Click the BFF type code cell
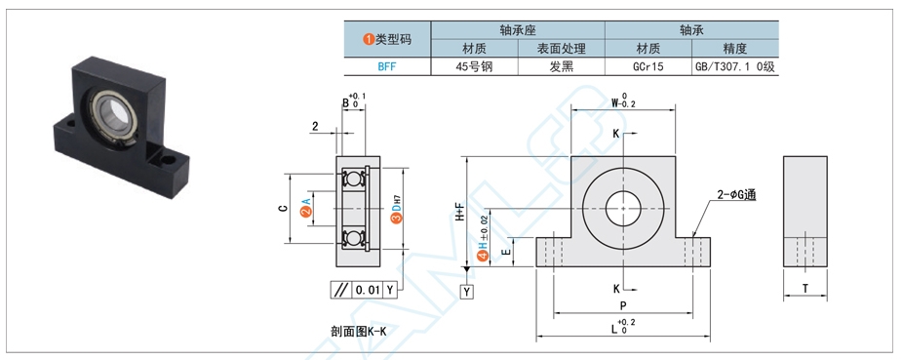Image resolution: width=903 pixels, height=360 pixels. [387, 67]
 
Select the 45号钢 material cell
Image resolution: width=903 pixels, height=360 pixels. [474, 67]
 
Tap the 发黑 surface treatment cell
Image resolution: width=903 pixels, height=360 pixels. [561, 67]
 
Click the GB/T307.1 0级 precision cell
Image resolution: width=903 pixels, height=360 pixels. [735, 67]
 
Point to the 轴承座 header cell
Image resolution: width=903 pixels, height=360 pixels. [518, 29]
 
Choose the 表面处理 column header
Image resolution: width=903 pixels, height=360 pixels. [561, 48]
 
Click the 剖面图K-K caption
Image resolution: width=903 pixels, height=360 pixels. [359, 331]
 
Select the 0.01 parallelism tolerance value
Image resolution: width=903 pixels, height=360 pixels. [368, 290]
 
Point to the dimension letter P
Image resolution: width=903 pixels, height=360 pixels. [622, 305]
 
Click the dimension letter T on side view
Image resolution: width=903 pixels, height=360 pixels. [805, 288]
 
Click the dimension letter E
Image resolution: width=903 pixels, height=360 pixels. [504, 252]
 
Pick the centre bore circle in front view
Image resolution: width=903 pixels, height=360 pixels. [622, 208]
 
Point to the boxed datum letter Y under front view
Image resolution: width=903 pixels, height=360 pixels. [467, 291]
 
